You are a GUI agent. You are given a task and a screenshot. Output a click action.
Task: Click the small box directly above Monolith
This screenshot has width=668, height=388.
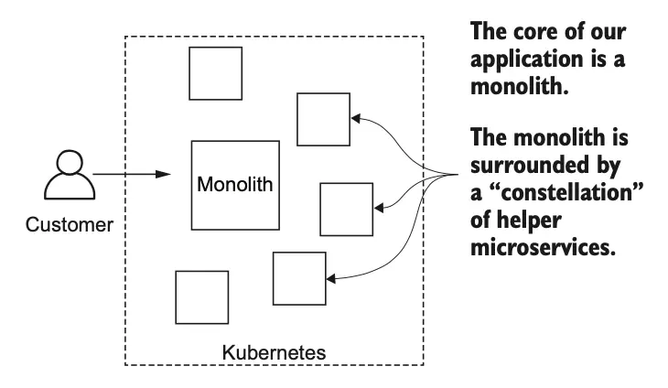point(215,73)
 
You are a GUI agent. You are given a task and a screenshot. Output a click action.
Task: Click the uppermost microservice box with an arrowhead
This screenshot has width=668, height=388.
point(323,120)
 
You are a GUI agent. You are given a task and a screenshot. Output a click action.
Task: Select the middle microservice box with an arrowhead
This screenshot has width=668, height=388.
point(346,210)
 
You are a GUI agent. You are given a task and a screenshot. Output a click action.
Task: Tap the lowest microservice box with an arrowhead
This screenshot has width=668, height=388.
point(300,277)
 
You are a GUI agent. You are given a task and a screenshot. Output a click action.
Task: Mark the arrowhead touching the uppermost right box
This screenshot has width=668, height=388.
point(356,118)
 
